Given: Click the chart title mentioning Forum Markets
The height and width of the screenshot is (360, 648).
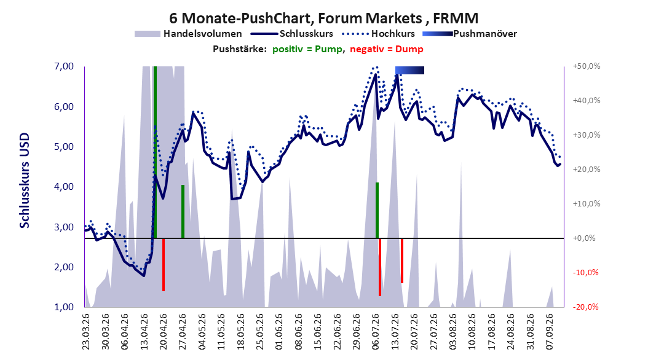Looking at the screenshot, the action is pos(323,18).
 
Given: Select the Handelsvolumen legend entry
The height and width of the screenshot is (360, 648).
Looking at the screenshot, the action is pos(188,34).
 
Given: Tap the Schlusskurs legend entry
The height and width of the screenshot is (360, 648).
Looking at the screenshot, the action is pos(292,34).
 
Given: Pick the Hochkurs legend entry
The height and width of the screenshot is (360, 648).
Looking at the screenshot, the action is pos(377,34).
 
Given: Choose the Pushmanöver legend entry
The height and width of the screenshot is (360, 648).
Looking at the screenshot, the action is pos(470,34).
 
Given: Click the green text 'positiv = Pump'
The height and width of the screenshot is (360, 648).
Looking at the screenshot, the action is pos(307,49).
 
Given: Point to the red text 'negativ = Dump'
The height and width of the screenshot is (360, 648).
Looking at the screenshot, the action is pos(387,49).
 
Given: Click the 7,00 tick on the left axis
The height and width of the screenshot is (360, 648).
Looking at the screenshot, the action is pos(63,66).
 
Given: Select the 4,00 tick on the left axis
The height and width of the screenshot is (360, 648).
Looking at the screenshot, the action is pos(63,187).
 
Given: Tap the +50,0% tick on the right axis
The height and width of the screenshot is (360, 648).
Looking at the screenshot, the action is pos(587,66).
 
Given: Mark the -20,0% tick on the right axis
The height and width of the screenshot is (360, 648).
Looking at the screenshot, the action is pos(585,307).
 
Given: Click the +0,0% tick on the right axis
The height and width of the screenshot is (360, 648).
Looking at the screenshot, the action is pos(584,238).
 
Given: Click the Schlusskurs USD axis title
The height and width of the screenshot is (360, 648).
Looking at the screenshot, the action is pos(25,181).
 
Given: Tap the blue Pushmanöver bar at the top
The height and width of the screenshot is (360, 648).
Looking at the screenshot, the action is pos(409,70).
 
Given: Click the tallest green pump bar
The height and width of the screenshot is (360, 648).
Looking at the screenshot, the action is pos(155,152).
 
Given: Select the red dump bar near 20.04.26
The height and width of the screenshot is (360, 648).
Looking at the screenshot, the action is pos(164,265).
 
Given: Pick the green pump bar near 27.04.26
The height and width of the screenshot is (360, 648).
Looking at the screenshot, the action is pos(183,211).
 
